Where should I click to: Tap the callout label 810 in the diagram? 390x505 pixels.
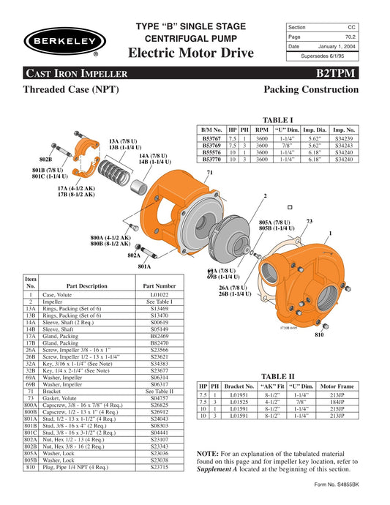tap(318, 335)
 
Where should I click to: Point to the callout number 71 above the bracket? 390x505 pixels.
tap(209, 172)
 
